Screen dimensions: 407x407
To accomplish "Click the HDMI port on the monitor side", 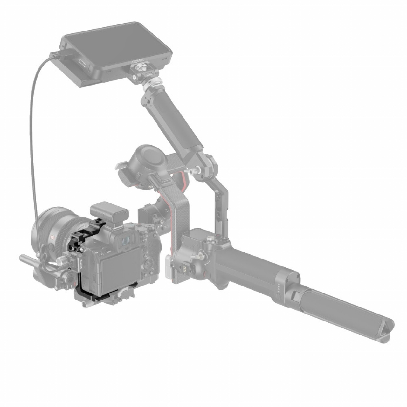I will (x=80, y=62).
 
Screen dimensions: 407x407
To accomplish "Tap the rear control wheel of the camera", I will (x=148, y=264).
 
